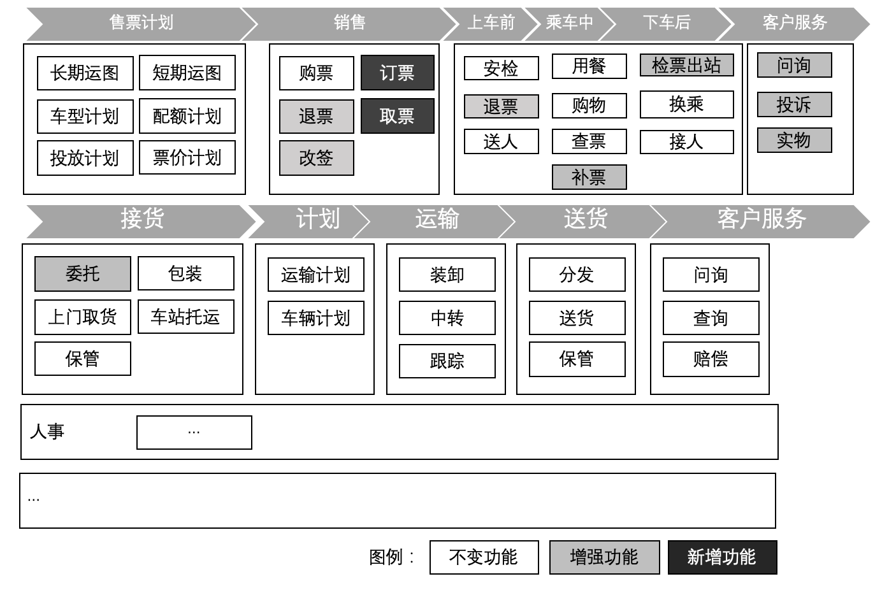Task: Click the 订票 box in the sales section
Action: click(x=397, y=73)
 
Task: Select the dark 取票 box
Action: click(x=397, y=116)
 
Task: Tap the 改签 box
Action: click(x=316, y=158)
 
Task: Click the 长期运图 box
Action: click(x=85, y=73)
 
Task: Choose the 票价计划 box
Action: click(x=187, y=157)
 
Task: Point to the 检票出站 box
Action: click(x=686, y=65)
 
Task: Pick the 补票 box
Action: click(x=589, y=177)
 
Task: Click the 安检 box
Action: click(x=501, y=68)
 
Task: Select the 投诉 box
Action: click(x=794, y=104)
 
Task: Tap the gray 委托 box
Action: click(x=82, y=274)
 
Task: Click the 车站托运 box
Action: click(x=185, y=317)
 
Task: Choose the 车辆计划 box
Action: click(x=315, y=318)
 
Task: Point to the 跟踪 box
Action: click(x=447, y=361)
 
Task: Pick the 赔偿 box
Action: click(x=711, y=359)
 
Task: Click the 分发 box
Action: click(x=577, y=275)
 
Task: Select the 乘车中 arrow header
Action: click(x=568, y=23)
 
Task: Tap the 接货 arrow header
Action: click(x=142, y=219)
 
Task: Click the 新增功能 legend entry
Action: click(x=722, y=557)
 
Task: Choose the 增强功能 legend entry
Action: click(x=604, y=557)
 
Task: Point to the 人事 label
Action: click(x=47, y=431)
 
